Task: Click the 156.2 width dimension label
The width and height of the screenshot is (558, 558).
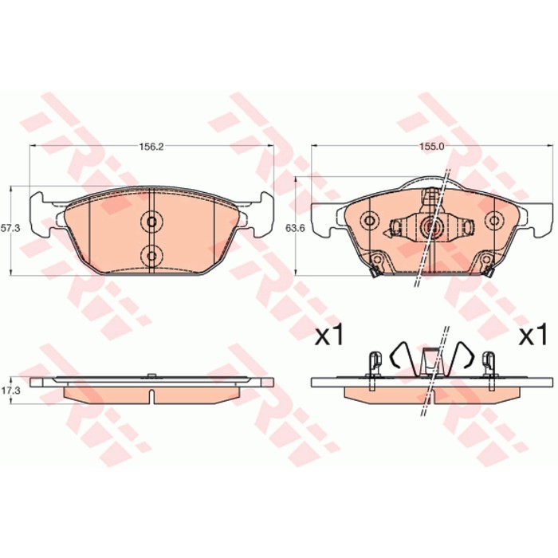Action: click(x=151, y=147)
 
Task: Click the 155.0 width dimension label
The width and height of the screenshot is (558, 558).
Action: click(x=434, y=147)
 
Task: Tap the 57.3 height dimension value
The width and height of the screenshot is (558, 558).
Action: click(x=10, y=229)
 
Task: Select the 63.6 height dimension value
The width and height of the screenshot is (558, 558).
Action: click(x=296, y=229)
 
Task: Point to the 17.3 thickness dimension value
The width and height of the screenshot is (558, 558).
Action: click(x=10, y=391)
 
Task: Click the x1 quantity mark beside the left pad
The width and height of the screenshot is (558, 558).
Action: click(x=329, y=334)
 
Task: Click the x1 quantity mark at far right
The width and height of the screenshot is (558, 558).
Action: click(x=532, y=334)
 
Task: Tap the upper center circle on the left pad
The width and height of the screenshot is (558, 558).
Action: click(x=151, y=222)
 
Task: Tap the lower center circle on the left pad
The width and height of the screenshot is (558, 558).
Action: click(x=151, y=256)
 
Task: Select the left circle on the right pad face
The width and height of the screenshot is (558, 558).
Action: click(x=370, y=221)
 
